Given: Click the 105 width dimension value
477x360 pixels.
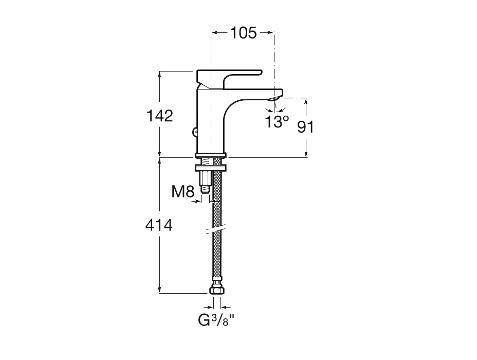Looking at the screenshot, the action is click(243, 32).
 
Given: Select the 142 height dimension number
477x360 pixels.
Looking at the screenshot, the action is click(160, 116).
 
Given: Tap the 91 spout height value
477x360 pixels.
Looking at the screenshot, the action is click(305, 127).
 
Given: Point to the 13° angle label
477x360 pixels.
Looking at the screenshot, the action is click(277, 122).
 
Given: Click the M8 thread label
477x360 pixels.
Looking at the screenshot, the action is click(183, 192).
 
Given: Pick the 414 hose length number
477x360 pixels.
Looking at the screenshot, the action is click(159, 225).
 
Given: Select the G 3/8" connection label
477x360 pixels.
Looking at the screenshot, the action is click(216, 320).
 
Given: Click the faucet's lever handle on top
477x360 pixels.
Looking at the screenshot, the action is click(229, 78).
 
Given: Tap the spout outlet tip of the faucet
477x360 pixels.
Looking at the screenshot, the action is click(276, 98).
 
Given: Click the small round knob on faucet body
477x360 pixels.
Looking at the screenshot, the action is click(195, 132).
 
